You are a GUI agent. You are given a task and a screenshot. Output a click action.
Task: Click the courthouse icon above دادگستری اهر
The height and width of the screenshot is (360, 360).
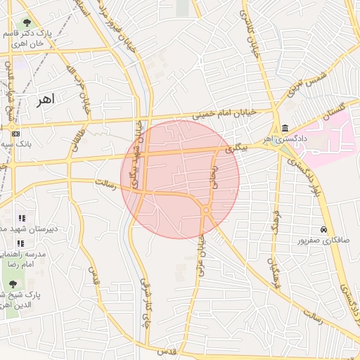tap(285, 128)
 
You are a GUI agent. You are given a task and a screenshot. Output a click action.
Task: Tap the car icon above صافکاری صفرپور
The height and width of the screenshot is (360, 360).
tap(323, 230)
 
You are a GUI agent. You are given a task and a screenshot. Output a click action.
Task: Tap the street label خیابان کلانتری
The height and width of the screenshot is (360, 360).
tap(250, 35)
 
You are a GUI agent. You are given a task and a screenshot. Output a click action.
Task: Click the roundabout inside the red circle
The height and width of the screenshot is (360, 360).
tap(206, 210)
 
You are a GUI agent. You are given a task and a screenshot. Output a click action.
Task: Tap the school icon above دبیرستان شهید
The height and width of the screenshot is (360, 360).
tap(21, 218)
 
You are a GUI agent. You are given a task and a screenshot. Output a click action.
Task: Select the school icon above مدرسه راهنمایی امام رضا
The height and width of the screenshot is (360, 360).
tap(21, 243)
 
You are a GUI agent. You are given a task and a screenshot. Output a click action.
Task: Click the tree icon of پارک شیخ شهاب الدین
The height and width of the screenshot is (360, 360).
tap(13, 284)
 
